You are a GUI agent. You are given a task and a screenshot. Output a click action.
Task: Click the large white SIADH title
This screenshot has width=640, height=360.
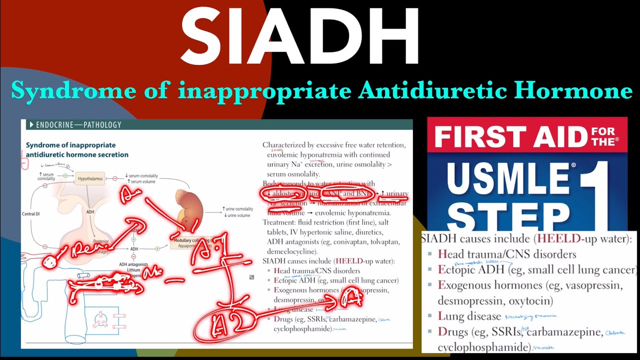pyautogui.click(x=300, y=37)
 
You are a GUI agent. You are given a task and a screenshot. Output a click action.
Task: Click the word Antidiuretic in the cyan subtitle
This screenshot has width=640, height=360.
pyautogui.click(x=424, y=91)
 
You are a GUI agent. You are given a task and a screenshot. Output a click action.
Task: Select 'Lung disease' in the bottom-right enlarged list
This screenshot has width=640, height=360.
pyautogui.click(x=469, y=316)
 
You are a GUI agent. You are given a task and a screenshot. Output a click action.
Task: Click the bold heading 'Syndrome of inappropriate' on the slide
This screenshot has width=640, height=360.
pyautogui.click(x=70, y=145)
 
